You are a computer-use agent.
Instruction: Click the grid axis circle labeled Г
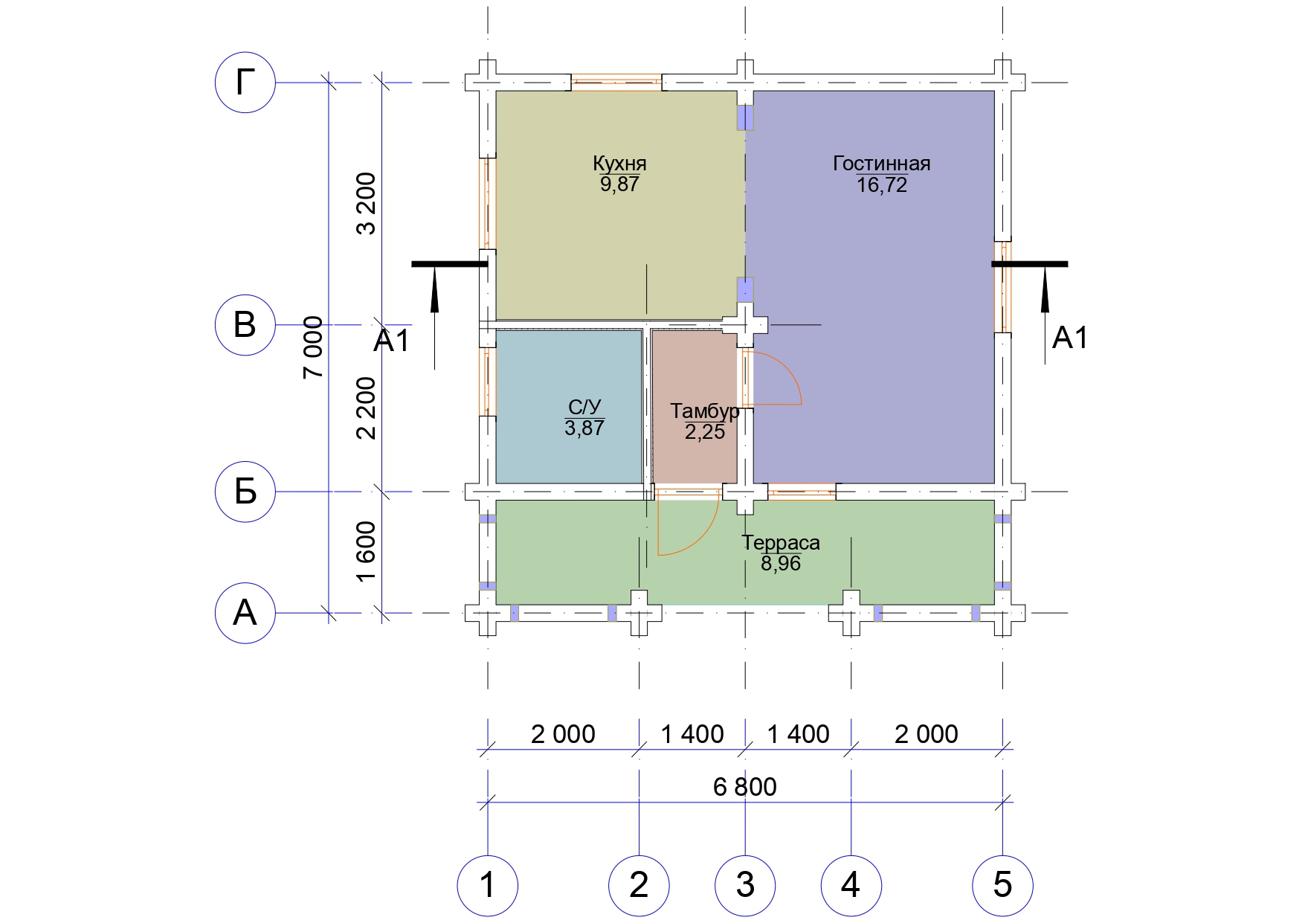(x=245, y=82)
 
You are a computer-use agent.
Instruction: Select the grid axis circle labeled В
(x=245, y=325)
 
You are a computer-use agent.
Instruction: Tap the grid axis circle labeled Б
(x=245, y=492)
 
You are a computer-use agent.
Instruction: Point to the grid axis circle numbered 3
(x=745, y=885)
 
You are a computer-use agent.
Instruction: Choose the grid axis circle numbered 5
(x=1002, y=885)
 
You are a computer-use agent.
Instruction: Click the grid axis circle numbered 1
(x=487, y=885)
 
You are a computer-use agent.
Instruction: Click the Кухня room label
(x=619, y=163)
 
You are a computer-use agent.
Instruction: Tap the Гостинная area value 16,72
(x=882, y=184)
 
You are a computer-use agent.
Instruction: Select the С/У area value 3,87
(x=584, y=428)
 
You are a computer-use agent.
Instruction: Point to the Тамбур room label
(x=705, y=411)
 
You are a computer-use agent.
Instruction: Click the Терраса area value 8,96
(x=781, y=563)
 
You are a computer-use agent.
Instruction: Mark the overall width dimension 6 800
(x=745, y=786)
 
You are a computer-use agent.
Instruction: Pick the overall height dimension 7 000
(x=315, y=347)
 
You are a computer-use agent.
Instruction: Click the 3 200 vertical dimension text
(x=367, y=204)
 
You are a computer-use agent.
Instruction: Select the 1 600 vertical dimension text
(x=367, y=552)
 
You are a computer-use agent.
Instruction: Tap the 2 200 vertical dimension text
(x=367, y=408)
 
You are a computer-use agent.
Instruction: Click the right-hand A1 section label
(x=1070, y=338)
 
